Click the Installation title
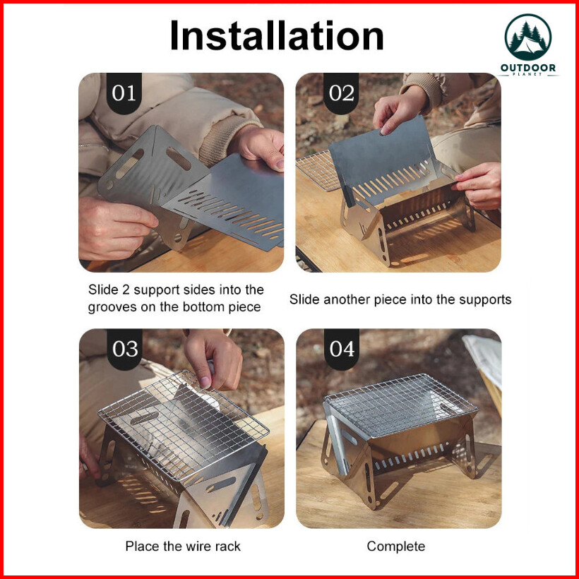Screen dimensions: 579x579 (277, 35)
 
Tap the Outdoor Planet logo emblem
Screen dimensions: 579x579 (527, 37)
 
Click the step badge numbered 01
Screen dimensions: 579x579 (124, 92)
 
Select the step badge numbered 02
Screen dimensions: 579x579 (341, 92)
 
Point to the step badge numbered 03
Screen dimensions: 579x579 (125, 349)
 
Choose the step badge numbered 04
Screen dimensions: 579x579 (342, 349)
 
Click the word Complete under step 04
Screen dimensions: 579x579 (396, 547)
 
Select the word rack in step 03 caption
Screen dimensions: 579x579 (228, 546)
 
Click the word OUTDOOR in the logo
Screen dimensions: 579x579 (527, 68)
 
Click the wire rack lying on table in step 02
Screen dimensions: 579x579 (318, 170)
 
